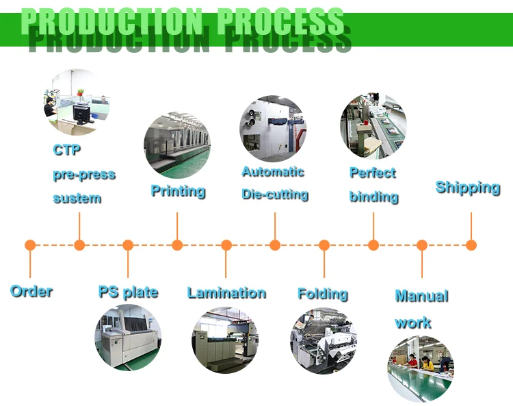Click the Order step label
pyautogui.click(x=31, y=291)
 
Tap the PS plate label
pyautogui.click(x=128, y=292)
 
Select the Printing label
pyautogui.click(x=178, y=190)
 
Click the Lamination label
pyautogui.click(x=226, y=293)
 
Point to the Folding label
pyautogui.click(x=323, y=294)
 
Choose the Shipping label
pyautogui.click(x=468, y=188)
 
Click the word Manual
pyautogui.click(x=421, y=296)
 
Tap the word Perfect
pyautogui.click(x=373, y=173)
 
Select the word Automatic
pyautogui.click(x=273, y=172)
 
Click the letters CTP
pyautogui.click(x=66, y=149)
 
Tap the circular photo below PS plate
pyautogui.click(x=128, y=338)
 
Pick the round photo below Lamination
pyautogui.click(x=225, y=340)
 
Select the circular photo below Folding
pyautogui.click(x=324, y=341)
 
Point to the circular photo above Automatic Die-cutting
pyautogui.click(x=273, y=129)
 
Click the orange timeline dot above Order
pyautogui.click(x=30, y=245)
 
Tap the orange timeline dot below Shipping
pyautogui.click(x=471, y=245)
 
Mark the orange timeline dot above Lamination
pyautogui.click(x=226, y=245)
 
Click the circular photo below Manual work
pyautogui.click(x=421, y=369)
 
